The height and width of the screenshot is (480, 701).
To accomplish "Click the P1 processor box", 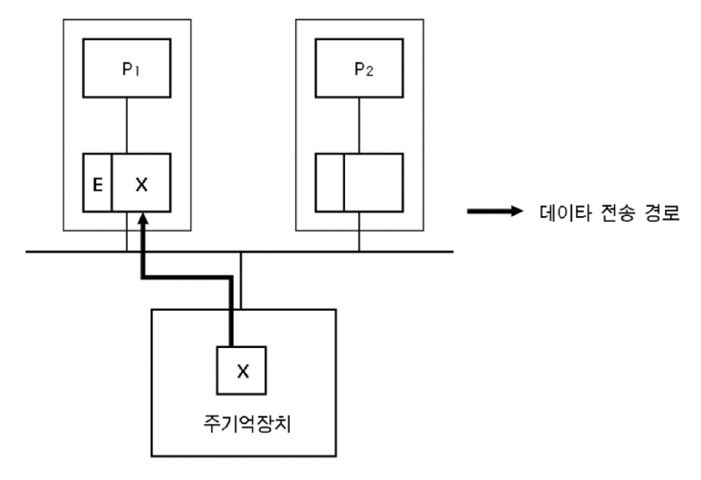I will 126,68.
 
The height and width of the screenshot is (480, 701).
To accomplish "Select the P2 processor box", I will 358,68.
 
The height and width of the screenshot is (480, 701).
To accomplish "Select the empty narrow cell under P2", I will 329,182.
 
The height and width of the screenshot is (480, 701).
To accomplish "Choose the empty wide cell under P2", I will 372,182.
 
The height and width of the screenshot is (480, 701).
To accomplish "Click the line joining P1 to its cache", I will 126,125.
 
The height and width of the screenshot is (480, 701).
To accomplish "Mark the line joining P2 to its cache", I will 358,125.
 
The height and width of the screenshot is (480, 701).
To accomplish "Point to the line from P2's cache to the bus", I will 358,231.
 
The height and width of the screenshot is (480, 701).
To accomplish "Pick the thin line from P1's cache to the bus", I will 126,231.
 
